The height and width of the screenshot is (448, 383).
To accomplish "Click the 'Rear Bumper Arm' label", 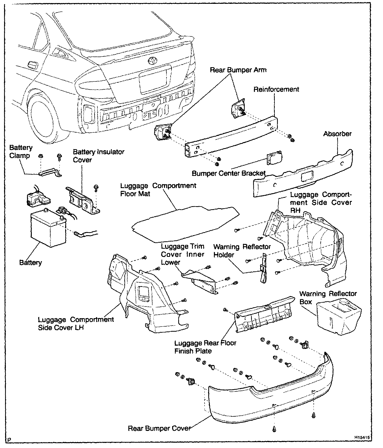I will click(238, 70).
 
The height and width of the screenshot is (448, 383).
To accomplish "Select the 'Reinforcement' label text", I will click(276, 89).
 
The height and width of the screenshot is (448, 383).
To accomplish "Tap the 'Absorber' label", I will click(337, 134).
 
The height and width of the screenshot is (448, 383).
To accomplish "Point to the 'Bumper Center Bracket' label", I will click(228, 173).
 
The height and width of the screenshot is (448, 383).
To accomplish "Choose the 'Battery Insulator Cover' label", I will click(99, 156).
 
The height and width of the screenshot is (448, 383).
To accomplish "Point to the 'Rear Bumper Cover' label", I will click(159, 428).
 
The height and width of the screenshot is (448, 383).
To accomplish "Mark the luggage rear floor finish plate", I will click(265, 316).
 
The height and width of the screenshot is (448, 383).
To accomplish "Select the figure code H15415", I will click(362, 437).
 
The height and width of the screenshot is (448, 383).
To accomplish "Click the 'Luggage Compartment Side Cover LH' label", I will click(76, 323).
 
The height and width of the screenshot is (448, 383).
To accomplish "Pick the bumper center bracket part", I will click(275, 158).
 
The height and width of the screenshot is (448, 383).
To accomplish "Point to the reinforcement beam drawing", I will click(229, 137).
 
